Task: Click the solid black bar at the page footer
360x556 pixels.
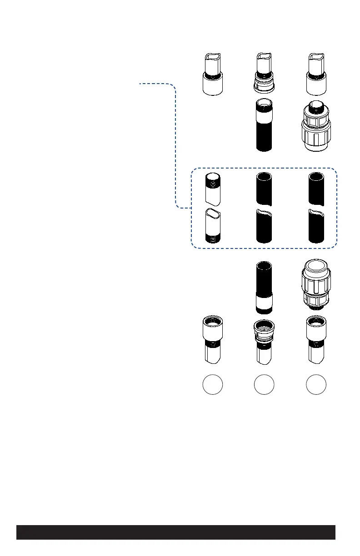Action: tap(176, 532)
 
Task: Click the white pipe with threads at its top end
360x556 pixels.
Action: tap(212, 189)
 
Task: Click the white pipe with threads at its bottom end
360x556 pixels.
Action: tap(212, 226)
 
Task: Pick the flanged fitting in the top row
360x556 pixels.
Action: tap(264, 74)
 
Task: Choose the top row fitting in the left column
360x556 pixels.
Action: tap(212, 74)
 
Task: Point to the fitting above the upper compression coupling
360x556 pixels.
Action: tap(315, 74)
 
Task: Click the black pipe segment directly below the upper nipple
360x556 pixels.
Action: tap(264, 189)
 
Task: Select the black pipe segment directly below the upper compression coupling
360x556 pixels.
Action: tap(315, 189)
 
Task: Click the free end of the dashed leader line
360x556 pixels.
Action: tap(140, 84)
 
